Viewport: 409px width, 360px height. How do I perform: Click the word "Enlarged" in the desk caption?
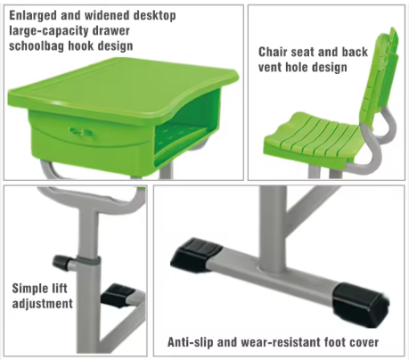[33, 15]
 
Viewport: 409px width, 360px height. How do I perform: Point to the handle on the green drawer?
[80, 132]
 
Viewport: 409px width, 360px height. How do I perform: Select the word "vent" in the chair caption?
[270, 68]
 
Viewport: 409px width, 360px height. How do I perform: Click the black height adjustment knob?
[62, 262]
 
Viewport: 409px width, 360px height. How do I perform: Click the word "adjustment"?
[42, 304]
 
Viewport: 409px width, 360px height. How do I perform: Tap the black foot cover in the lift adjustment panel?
[119, 296]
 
